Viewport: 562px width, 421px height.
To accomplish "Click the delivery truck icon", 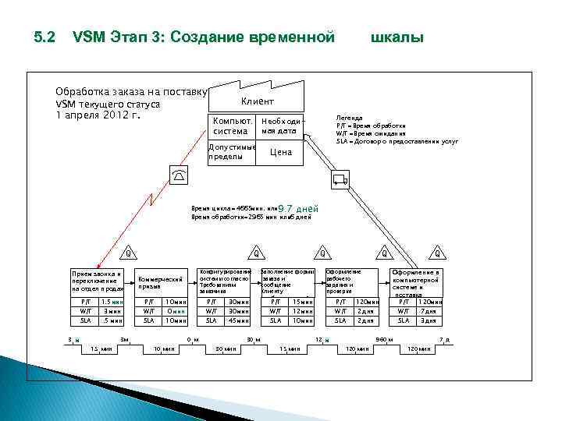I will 340,180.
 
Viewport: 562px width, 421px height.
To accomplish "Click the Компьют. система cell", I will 233,126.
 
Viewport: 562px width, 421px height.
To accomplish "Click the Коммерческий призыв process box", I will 161,282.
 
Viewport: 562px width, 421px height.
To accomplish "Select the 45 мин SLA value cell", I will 235,320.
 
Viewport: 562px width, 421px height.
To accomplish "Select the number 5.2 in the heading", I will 45,37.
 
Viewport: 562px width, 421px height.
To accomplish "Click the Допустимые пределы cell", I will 231,152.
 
